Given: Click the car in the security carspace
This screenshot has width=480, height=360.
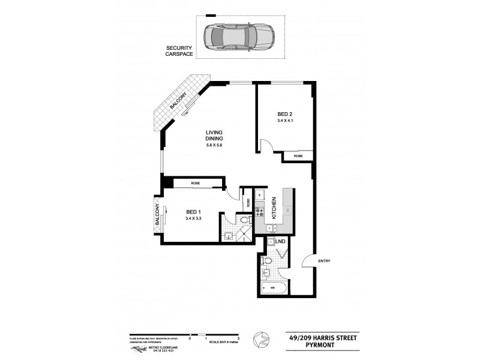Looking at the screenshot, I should [x=238, y=38].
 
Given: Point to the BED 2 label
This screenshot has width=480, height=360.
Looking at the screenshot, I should [x=285, y=114].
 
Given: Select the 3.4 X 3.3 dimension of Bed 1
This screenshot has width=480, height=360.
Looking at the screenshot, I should [x=193, y=218].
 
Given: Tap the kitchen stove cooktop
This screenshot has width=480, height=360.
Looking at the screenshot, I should [x=260, y=212].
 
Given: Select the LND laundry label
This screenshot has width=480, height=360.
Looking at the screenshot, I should [x=281, y=242].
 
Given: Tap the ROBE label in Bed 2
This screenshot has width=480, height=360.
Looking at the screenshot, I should [x=298, y=156].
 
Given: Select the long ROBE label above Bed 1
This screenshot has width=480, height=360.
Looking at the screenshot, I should [x=195, y=183].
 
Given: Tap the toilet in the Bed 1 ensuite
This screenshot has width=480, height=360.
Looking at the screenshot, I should [x=244, y=221].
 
